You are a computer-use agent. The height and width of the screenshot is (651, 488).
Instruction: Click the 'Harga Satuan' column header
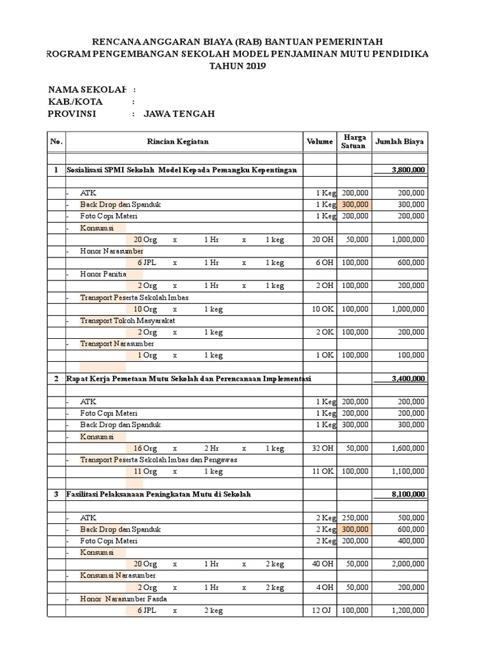pyautogui.click(x=354, y=141)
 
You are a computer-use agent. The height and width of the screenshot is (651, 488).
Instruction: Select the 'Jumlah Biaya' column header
pyautogui.click(x=400, y=141)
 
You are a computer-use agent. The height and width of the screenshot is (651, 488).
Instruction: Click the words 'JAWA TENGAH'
pyautogui.click(x=179, y=114)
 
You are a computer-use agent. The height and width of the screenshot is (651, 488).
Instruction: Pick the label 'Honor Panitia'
pyautogui.click(x=103, y=274)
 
